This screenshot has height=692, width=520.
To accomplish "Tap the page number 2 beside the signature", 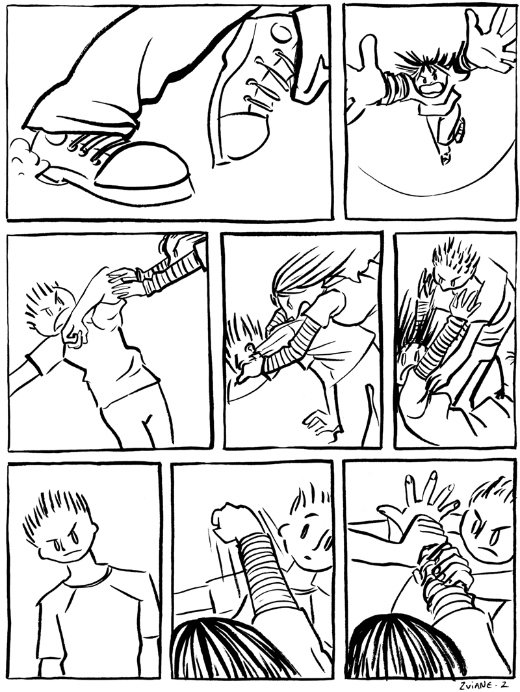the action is point(504,684).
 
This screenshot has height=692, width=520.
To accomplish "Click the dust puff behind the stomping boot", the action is point(27,159).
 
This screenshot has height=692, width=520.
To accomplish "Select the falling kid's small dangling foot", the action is point(446,157).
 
